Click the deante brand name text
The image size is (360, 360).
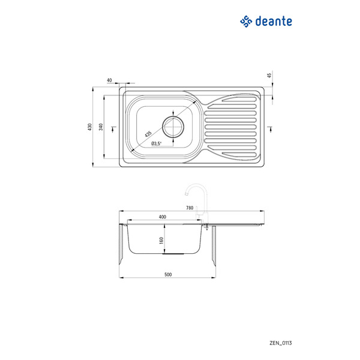pos(274,21)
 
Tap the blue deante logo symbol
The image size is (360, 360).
pos(246,22)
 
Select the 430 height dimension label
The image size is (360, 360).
pos(90,127)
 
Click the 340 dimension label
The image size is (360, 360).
pos(101,127)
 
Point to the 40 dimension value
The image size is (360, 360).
pos(109,80)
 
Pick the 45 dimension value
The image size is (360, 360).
pos(269,75)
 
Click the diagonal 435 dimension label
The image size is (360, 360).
pos(148,134)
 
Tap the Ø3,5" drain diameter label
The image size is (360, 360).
pos(157,144)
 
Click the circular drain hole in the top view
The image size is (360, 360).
pos(173,127)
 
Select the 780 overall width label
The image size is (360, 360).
pos(190,208)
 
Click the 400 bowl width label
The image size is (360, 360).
pos(163,217)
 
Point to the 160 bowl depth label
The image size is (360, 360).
pos(161,241)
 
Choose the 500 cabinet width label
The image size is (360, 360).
pos(168,274)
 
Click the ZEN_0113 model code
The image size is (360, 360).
pos(281,343)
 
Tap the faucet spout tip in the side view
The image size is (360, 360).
pos(186,194)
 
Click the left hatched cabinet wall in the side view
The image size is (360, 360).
pos(121,244)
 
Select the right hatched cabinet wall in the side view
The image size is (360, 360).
pos(214,246)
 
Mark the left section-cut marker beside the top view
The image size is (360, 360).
pos(113,129)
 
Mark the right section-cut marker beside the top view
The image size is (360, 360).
pos(271,129)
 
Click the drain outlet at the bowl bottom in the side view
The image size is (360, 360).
pos(173,254)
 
